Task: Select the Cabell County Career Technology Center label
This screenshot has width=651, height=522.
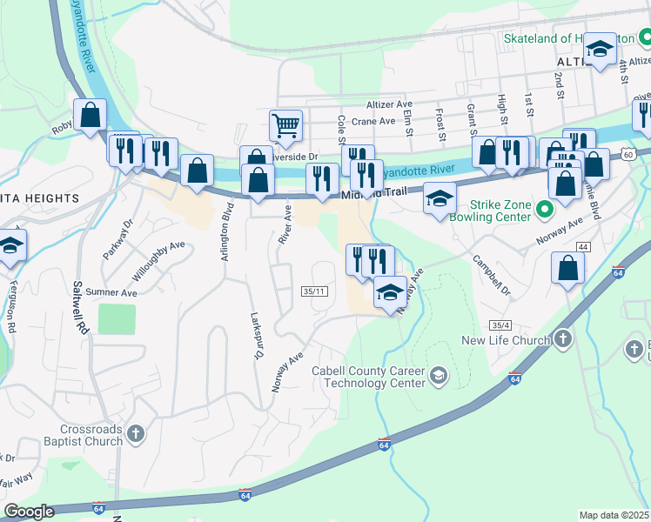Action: (368, 377)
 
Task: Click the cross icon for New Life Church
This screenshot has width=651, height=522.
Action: (563, 339)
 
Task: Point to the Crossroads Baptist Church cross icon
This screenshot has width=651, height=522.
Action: (134, 433)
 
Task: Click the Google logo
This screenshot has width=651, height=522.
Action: (29, 512)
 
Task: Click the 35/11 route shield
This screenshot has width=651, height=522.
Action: (314, 291)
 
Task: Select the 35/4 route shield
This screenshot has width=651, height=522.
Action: (499, 325)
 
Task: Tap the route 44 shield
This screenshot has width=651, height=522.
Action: (582, 248)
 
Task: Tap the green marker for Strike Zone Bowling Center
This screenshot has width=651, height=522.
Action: (546, 210)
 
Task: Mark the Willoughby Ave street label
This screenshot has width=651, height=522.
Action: (158, 260)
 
